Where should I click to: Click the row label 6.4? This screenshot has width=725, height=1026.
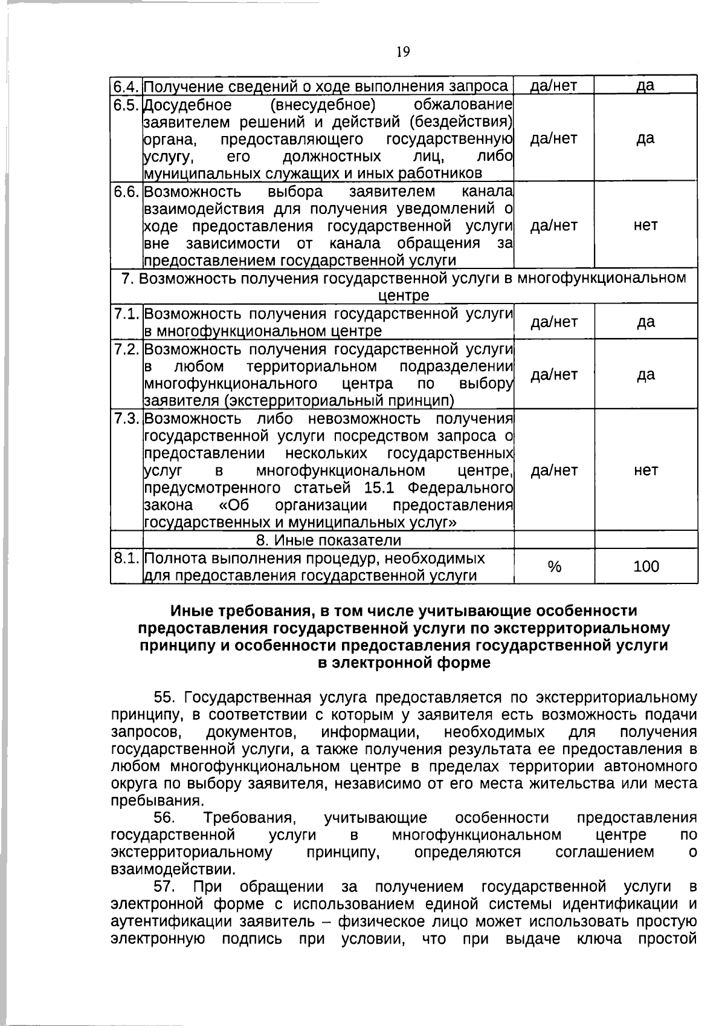coord(127,86)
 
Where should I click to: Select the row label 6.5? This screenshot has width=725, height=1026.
coord(127,105)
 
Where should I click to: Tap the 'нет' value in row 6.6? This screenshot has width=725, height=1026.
coord(645,226)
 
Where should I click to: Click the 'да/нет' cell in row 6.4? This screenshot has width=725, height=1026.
coord(553,86)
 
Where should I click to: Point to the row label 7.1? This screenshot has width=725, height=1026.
coord(127,314)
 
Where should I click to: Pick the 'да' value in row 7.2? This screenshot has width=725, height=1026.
coord(645,375)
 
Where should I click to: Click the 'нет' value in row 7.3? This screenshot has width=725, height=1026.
coord(645,470)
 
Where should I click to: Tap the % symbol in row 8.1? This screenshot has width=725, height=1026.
coord(553,567)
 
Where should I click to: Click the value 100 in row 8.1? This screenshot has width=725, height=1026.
coord(646,567)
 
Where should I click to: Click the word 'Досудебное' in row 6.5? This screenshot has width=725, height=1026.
coord(188,105)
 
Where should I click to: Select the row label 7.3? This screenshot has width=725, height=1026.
coord(127,418)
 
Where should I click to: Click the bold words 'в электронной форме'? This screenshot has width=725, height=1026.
coord(404,663)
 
